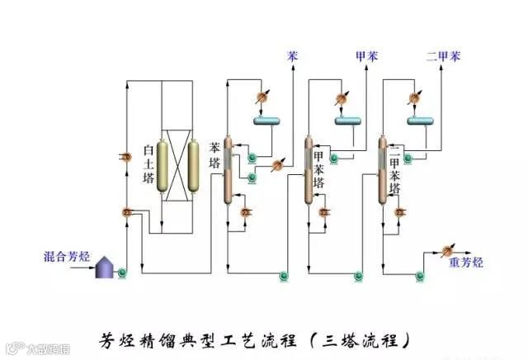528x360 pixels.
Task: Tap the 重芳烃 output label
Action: click(466, 263)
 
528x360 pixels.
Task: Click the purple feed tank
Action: click(104, 266)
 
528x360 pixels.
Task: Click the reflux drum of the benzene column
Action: click(267, 122)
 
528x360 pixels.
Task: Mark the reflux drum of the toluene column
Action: click(346, 122)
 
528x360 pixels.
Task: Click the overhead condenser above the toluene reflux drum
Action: click(339, 98)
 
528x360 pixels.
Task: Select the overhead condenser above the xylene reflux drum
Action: click(415, 98)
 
